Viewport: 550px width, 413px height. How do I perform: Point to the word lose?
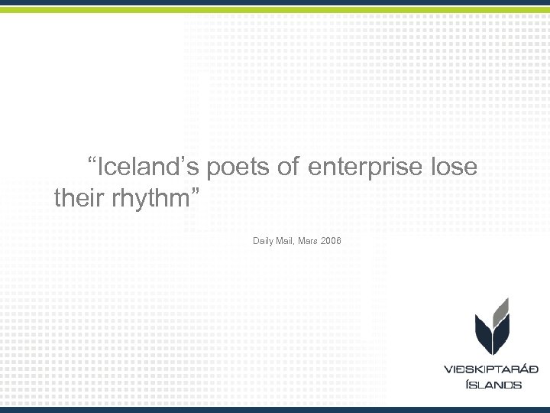point(454,167)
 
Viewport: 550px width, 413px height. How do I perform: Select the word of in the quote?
point(288,167)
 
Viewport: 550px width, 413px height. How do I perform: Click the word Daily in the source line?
point(263,242)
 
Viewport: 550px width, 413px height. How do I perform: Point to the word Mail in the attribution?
point(286,242)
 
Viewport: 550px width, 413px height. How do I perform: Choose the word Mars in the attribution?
point(309,242)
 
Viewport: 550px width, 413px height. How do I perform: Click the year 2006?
point(332,242)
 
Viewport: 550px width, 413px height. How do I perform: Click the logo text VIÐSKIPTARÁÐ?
point(492,369)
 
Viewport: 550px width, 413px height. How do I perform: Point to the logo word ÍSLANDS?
point(493,385)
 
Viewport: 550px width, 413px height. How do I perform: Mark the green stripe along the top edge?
point(275,9)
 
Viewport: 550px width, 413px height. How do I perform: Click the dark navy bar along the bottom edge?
point(275,409)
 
